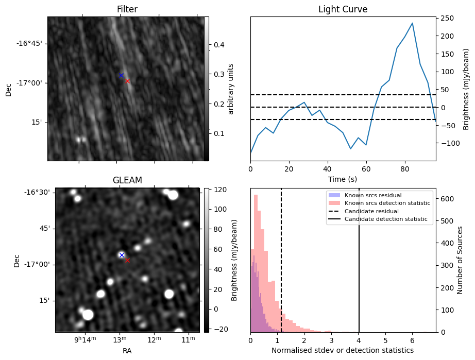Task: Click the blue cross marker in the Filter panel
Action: [122, 75]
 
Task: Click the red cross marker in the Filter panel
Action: [127, 81]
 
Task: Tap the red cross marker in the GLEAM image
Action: [127, 260]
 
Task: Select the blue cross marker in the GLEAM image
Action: [122, 255]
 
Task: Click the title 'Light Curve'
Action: [343, 9]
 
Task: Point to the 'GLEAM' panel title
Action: [127, 180]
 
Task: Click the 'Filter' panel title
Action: [127, 9]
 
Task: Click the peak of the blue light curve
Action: [412, 23]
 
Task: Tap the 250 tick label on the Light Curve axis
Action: [447, 19]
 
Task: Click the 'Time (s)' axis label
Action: [343, 179]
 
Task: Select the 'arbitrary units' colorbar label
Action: [231, 89]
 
